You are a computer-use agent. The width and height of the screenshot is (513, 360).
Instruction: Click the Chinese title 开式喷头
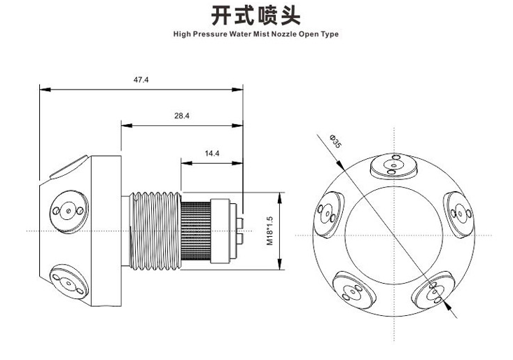[x=256, y=15]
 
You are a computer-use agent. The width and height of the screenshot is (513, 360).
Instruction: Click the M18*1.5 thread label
[x=269, y=230]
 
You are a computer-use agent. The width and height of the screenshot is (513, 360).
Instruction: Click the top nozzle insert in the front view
[x=393, y=166]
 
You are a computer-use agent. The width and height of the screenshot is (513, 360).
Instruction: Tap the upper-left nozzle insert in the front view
[x=328, y=212]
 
